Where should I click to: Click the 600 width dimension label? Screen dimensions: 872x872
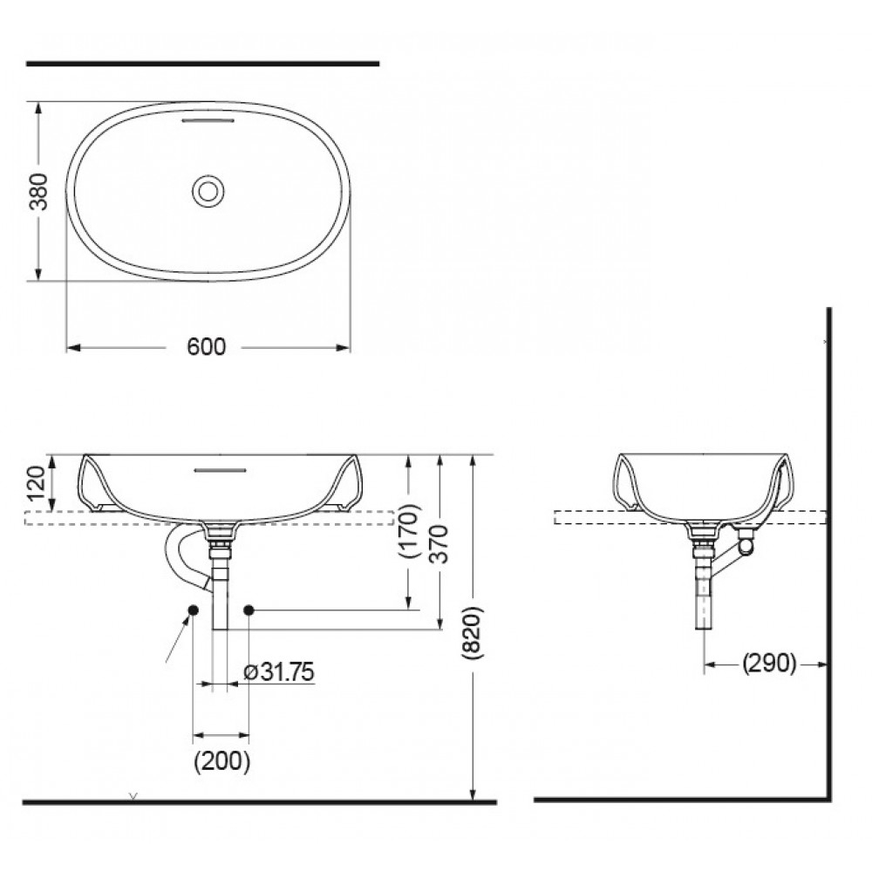tap(207, 347)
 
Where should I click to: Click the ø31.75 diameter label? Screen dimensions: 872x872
tap(279, 671)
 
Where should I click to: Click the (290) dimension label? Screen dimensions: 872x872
tap(769, 664)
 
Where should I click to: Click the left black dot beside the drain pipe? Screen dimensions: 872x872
tap(193, 609)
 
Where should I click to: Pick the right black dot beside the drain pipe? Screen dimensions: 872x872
tap(249, 609)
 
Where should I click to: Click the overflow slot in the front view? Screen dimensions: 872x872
tap(220, 469)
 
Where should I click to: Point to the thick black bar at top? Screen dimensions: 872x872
tap(202, 64)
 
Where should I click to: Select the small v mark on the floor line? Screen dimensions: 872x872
tap(133, 795)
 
